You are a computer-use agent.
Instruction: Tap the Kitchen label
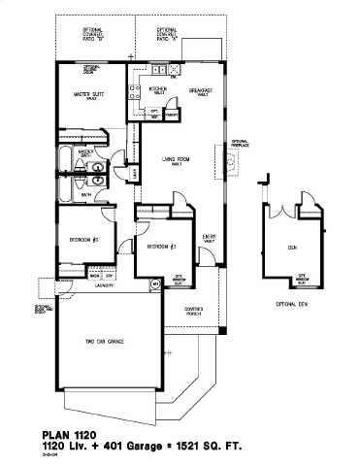158,89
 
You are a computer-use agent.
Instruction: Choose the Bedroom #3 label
160,247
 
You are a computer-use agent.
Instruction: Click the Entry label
209,236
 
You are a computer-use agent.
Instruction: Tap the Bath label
85,194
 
